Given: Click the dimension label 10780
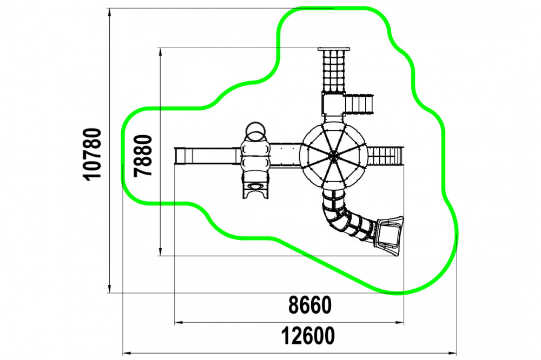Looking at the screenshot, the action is (x=93, y=154).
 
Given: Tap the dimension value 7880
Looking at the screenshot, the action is (x=143, y=156).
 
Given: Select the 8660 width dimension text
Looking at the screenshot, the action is (x=310, y=305).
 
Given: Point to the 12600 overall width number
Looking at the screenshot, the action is (x=308, y=336).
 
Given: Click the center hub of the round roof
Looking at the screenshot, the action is (x=333, y=156).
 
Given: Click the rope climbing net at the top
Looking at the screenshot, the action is (x=333, y=71).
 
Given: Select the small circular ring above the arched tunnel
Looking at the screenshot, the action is (x=256, y=131).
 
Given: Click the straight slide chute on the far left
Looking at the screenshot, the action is (x=206, y=156).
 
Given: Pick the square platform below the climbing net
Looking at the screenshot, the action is (x=334, y=104).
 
